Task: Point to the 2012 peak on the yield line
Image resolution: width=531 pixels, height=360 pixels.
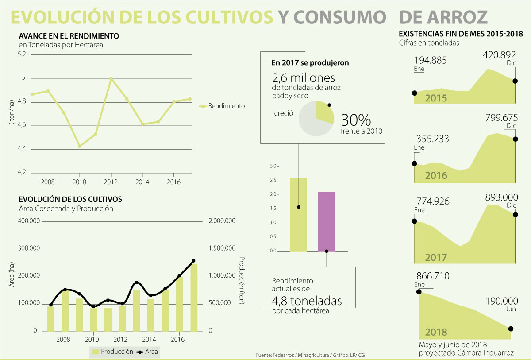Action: pos(111,79)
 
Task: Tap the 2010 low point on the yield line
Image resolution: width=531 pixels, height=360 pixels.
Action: pos(80,146)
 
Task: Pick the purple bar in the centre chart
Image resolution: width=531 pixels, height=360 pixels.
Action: pos(327,221)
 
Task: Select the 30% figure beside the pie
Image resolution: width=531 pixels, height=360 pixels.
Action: pos(356,120)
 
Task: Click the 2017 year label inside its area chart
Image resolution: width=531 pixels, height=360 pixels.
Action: pos(436,257)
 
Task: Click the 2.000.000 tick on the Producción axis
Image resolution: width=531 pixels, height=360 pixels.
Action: pos(223,221)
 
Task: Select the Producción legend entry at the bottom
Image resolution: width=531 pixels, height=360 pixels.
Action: pos(116,352)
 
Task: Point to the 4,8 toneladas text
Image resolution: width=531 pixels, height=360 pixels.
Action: pos(307,301)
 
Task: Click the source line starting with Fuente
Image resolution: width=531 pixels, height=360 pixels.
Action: pos(310,355)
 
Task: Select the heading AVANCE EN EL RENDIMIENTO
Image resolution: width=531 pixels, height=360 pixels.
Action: pos(69,35)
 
